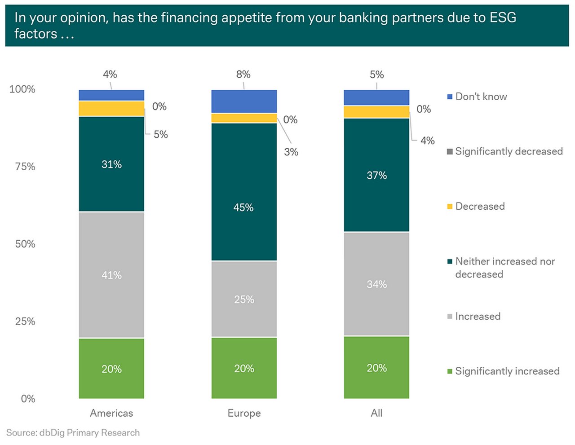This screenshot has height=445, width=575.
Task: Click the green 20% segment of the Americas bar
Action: click(111, 368)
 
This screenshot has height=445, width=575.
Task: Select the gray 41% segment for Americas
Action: click(111, 274)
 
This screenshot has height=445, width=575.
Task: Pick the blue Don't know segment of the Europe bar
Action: click(244, 101)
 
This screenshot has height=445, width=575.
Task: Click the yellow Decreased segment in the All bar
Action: click(376, 112)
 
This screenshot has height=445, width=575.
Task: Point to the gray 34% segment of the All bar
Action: click(376, 284)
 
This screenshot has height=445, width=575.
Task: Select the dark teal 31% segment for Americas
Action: click(111, 164)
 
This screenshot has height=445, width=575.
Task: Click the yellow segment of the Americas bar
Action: click(111, 109)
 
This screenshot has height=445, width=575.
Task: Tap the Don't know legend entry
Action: click(481, 97)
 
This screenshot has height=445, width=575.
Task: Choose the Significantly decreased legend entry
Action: click(509, 151)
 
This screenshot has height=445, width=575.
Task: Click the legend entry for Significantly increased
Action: click(507, 371)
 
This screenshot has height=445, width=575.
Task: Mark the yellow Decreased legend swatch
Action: click(450, 207)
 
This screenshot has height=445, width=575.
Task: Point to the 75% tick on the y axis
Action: click(25, 167)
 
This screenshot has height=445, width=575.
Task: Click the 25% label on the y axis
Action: click(25, 322)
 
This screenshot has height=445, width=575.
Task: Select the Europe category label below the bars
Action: click(244, 413)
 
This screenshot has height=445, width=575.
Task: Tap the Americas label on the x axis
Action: click(111, 413)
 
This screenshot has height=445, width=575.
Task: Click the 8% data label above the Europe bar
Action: click(243, 75)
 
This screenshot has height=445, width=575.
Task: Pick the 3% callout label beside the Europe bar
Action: click(291, 152)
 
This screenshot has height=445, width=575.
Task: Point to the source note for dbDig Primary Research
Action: click(73, 432)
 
